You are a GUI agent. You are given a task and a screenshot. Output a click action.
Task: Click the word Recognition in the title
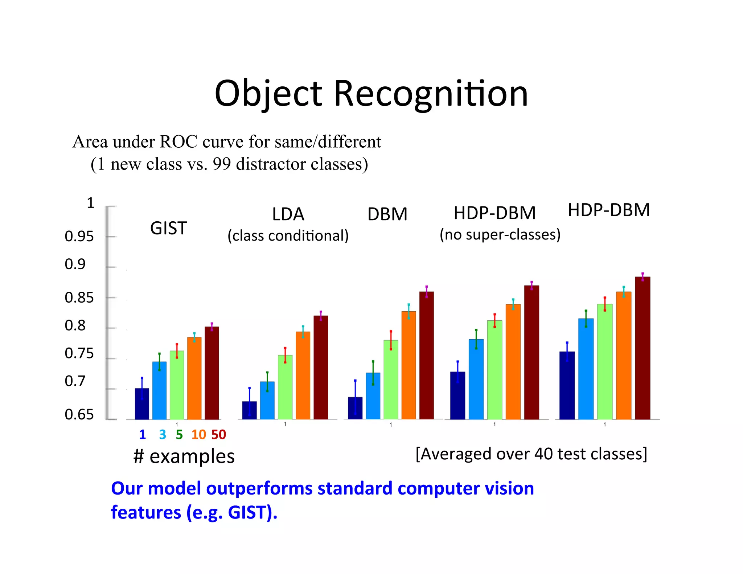point(430,94)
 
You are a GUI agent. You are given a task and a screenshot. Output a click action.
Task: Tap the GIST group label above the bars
point(168,228)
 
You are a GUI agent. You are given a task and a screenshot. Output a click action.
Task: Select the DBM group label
point(387,214)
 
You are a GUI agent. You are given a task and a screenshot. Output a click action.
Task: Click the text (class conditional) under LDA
point(288,236)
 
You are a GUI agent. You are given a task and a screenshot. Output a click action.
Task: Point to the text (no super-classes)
point(500,235)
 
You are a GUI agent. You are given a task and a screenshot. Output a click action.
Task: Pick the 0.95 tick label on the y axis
point(79,237)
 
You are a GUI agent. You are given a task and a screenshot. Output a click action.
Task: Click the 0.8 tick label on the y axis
point(75,325)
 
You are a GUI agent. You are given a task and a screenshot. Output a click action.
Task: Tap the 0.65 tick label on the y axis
point(79,414)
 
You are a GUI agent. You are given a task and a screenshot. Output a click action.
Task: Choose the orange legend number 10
point(198,434)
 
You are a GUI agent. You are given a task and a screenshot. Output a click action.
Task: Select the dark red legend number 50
point(218,434)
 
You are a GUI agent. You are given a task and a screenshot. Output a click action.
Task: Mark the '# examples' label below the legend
point(184,456)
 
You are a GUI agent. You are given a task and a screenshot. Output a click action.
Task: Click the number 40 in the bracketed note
point(543,454)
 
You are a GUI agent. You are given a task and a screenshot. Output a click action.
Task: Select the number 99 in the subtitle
point(222,164)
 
